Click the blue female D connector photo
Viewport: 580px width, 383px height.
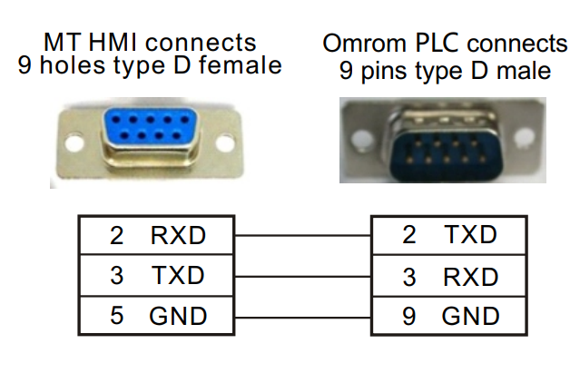tap(149, 137)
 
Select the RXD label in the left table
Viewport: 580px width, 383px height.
tap(178, 236)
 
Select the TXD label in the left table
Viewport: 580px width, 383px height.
tap(178, 276)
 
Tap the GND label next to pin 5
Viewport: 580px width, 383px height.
tap(178, 316)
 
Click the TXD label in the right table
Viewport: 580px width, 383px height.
tap(471, 235)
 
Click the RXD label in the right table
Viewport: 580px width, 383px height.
tap(471, 276)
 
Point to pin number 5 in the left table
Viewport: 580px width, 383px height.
tap(115, 316)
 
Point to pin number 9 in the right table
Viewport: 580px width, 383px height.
tap(408, 316)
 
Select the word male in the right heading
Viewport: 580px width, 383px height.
tap(522, 69)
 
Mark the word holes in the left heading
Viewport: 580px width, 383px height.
tap(74, 65)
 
